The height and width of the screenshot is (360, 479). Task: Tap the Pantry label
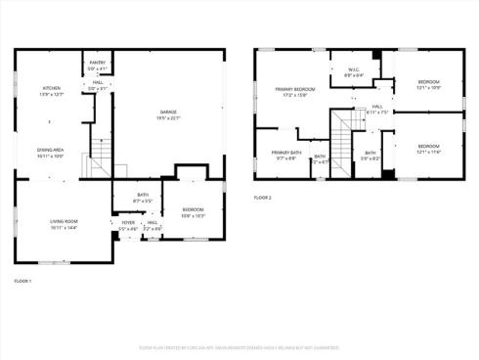pos(98,66)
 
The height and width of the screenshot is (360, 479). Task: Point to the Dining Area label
pos(50,153)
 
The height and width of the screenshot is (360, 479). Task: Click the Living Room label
pos(64,224)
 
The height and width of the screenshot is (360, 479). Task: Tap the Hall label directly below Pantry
pos(98,85)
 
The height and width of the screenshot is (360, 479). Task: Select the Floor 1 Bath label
pos(143,198)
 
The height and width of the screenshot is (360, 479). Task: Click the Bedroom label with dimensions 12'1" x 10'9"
pos(428,84)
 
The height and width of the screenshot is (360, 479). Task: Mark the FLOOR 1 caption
pos(22,282)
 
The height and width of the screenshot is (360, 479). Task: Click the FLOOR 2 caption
pos(262,198)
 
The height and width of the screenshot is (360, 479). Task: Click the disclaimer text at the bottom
pos(239,347)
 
